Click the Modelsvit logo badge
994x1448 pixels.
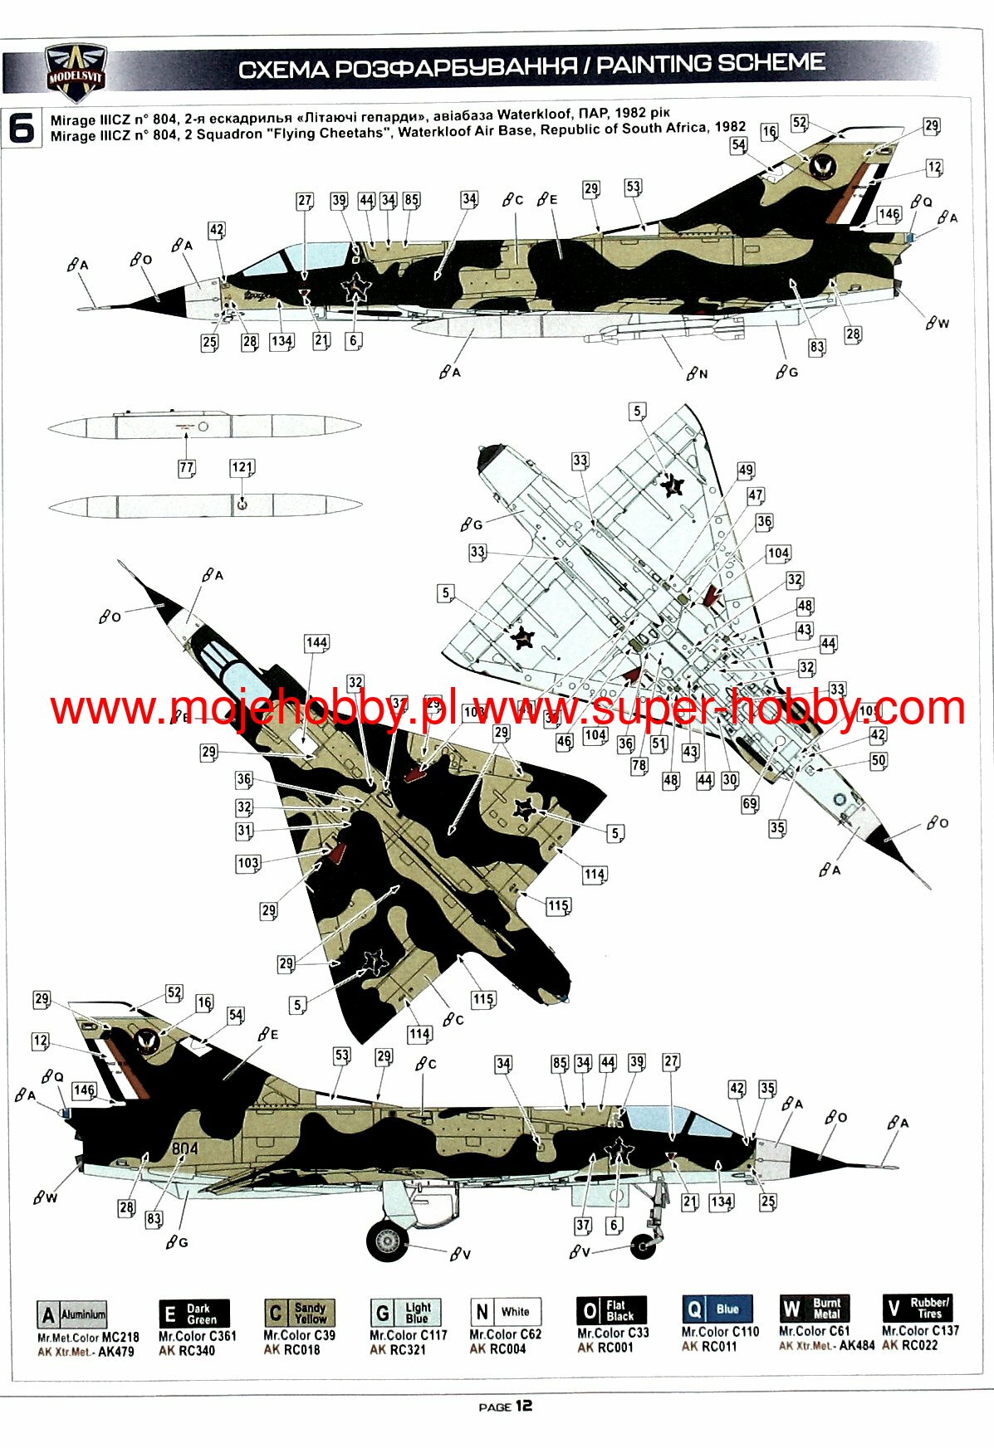click(75, 71)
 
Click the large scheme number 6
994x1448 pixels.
click(22, 129)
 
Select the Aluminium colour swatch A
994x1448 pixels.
click(72, 1314)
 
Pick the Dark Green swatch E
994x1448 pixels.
click(193, 1314)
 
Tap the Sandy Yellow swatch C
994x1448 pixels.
click(299, 1313)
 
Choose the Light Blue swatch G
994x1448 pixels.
click(405, 1312)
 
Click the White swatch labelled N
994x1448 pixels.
click(505, 1312)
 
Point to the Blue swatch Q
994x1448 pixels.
click(717, 1309)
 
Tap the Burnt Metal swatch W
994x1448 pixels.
click(814, 1309)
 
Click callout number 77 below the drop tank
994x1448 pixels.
click(187, 468)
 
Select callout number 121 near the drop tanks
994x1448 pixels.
click(242, 468)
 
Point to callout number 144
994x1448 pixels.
click(316, 642)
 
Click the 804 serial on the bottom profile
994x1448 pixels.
click(185, 1148)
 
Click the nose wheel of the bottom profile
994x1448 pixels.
click(644, 1245)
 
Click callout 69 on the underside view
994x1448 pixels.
click(750, 803)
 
